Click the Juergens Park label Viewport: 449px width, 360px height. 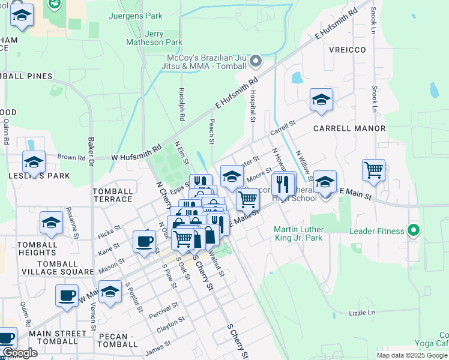[x=135, y=16]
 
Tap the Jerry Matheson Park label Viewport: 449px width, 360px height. [x=154, y=38]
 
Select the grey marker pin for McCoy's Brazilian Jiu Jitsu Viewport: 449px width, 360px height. [x=256, y=61]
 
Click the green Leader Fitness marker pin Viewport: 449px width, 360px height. [x=413, y=230]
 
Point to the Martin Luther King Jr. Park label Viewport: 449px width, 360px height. [x=298, y=234]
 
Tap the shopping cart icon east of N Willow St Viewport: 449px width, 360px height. [x=373, y=170]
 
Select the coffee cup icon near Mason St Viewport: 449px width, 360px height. [x=143, y=242]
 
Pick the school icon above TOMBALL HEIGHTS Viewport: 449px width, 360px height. [x=51, y=222]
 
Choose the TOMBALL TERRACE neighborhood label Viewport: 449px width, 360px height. [x=113, y=195]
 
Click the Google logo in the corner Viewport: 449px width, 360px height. [x=20, y=353]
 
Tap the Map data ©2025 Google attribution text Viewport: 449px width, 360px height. [x=411, y=355]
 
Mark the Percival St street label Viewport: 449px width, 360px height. [x=164, y=309]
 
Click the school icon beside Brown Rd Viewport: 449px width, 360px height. [x=34, y=162]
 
